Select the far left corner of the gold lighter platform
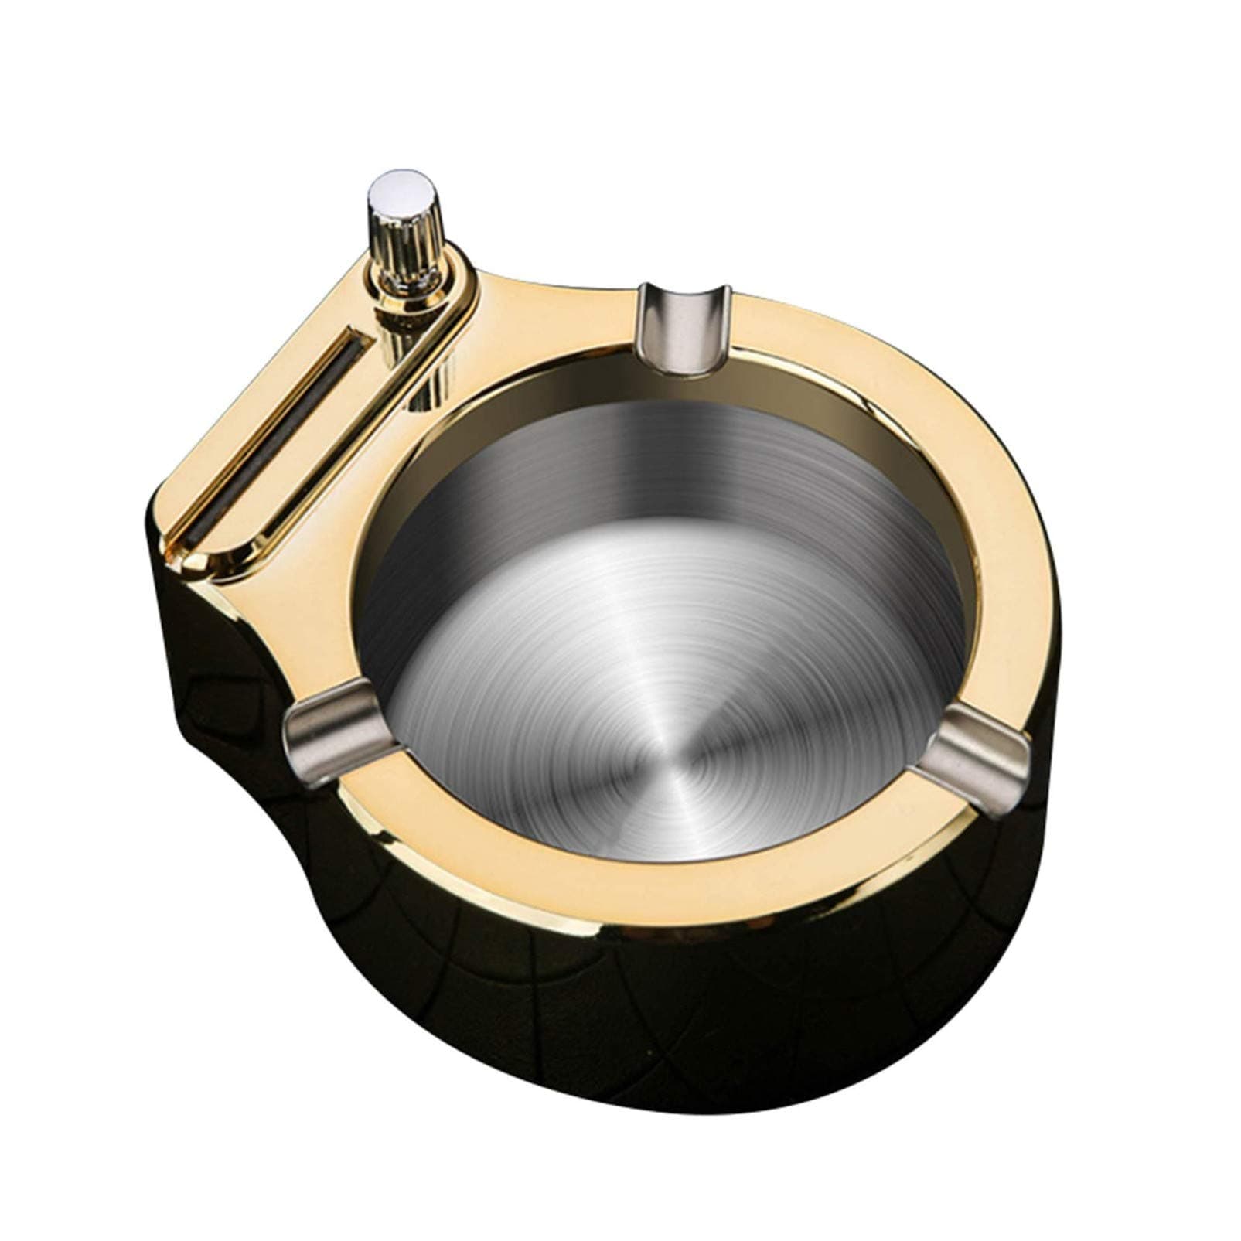pyautogui.click(x=166, y=518)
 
